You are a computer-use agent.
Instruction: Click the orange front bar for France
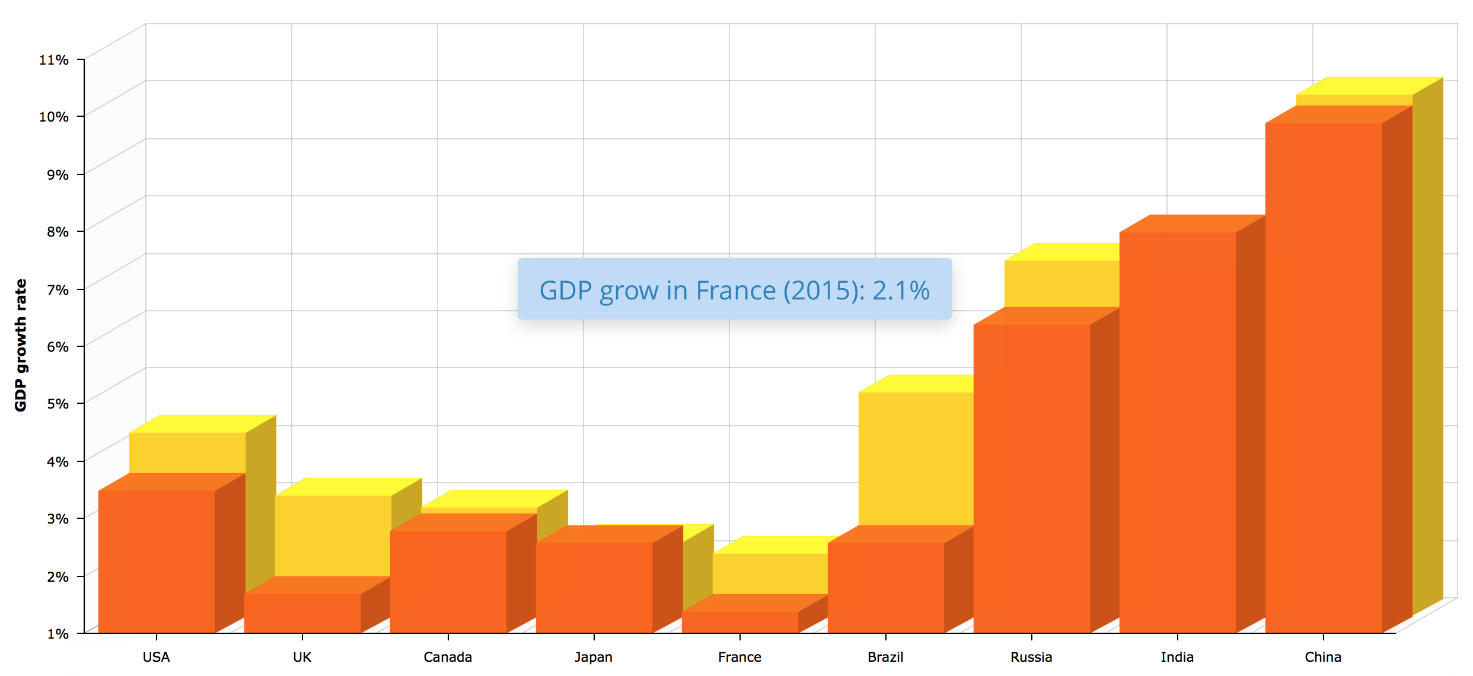(x=740, y=622)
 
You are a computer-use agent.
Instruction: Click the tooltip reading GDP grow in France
(x=734, y=289)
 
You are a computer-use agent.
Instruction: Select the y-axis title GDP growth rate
(x=21, y=345)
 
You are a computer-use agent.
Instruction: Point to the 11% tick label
(x=54, y=60)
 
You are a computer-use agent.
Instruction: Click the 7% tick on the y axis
(x=58, y=289)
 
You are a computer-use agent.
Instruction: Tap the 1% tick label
(x=58, y=633)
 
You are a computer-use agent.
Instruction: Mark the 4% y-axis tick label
(x=58, y=461)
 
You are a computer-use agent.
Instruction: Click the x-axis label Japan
(x=594, y=657)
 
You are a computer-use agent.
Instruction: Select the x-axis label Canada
(x=448, y=657)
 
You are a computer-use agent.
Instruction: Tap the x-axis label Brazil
(x=885, y=657)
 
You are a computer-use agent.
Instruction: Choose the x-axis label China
(x=1323, y=657)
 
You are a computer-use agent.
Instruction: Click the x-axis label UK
(x=302, y=657)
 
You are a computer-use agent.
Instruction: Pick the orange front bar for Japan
(x=594, y=587)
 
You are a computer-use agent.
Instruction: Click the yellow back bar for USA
(x=187, y=452)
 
